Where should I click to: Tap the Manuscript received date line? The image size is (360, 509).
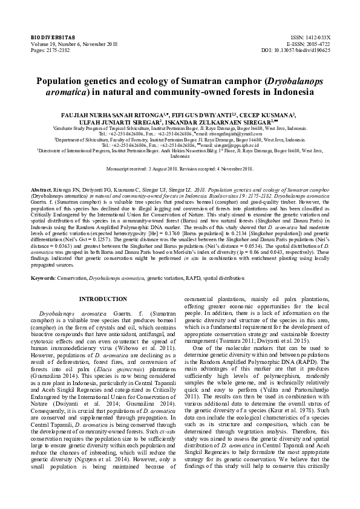point(179,169)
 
